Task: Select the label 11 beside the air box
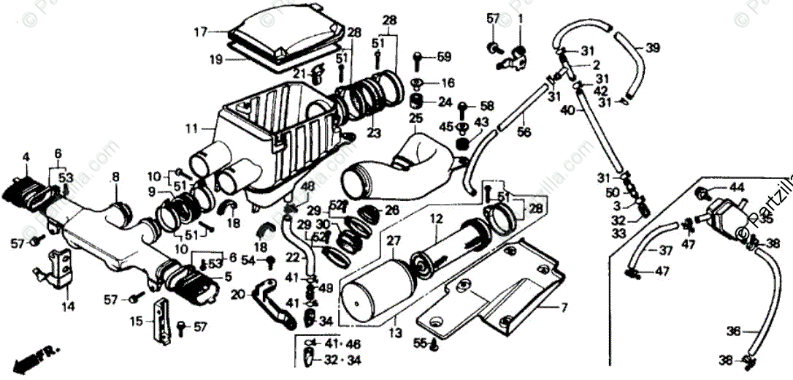[191, 129]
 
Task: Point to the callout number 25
[415, 118]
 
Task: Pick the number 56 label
[524, 132]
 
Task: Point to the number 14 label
[68, 307]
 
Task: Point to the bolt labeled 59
[418, 57]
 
